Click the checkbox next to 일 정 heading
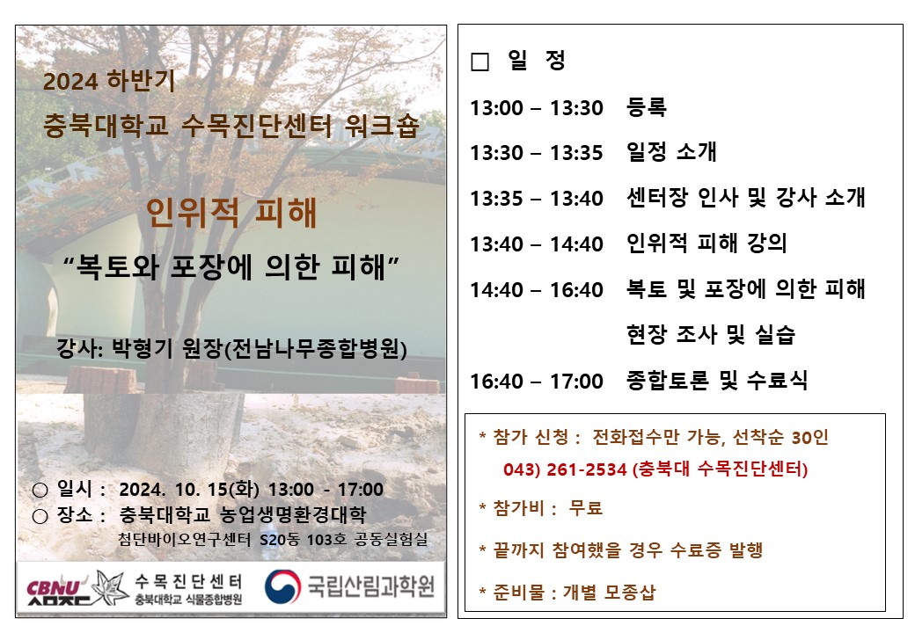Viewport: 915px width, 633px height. [479, 62]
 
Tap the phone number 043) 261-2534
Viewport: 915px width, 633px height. [565, 469]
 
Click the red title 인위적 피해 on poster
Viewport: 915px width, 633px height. [231, 212]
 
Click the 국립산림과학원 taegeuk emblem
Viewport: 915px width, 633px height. [282, 586]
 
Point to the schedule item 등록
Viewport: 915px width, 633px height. [646, 107]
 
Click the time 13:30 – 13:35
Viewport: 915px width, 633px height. [537, 153]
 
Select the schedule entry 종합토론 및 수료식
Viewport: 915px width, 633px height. [717, 381]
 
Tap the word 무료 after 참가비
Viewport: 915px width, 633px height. [585, 507]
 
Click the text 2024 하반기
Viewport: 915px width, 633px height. [109, 80]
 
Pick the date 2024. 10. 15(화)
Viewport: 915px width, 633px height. [189, 490]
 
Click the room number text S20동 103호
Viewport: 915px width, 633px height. [303, 540]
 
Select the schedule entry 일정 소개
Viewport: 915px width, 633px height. [671, 152]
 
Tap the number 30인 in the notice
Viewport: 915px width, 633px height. [810, 437]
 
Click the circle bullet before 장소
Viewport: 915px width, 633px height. [40, 516]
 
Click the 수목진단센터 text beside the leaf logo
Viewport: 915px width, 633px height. [188, 581]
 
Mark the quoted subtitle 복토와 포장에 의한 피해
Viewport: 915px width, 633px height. [231, 267]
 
